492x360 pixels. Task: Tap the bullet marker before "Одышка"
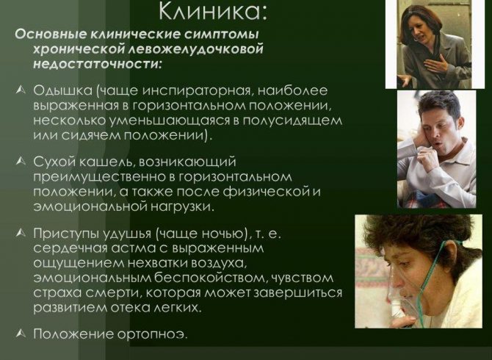point(21,90)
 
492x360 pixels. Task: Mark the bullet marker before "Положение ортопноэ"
point(21,334)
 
